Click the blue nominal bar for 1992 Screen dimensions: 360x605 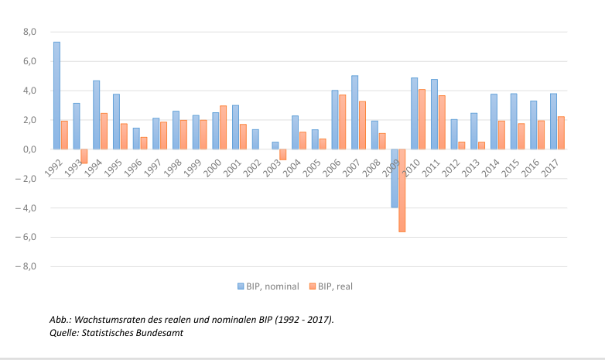coord(56,95)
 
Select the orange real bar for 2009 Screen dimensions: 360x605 coord(402,190)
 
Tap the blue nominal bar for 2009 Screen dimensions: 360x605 coord(395,178)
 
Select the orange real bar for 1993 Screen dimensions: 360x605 coord(84,156)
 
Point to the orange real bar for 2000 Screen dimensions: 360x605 coord(224,127)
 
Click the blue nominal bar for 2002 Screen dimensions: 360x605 coord(255,139)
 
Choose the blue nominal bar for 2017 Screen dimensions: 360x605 coord(553,121)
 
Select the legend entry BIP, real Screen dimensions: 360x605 coord(333,286)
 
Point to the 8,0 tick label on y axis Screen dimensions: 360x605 coord(30,32)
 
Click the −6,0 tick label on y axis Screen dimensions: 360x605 coord(28,238)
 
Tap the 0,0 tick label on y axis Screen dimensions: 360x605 coord(30,149)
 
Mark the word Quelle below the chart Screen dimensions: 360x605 coord(63,332)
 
